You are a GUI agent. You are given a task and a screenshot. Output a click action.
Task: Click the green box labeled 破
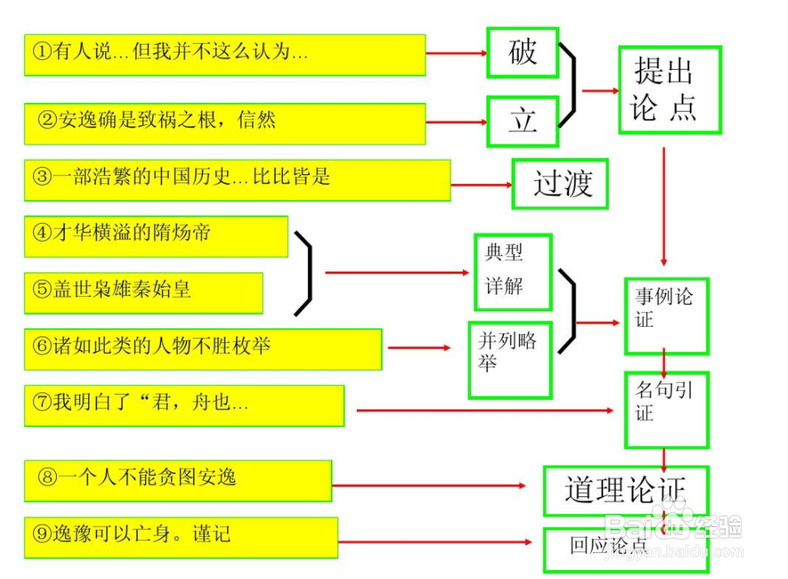pyautogui.click(x=523, y=53)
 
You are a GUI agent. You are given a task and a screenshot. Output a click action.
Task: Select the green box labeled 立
pyautogui.click(x=523, y=121)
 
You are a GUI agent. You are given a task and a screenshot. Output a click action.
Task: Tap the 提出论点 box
pyautogui.click(x=670, y=90)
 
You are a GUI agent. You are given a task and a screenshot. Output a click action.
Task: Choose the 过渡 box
pyautogui.click(x=560, y=184)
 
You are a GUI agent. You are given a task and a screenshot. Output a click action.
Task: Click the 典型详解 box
pyautogui.click(x=512, y=271)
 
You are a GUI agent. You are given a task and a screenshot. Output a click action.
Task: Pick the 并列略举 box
pyautogui.click(x=509, y=359)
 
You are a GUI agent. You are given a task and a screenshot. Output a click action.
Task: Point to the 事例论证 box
pyautogui.click(x=666, y=315)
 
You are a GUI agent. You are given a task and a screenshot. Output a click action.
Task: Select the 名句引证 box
pyautogui.click(x=666, y=409)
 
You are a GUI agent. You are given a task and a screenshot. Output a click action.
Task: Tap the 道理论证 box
pyautogui.click(x=625, y=491)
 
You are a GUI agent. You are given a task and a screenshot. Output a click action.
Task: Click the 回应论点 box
pyautogui.click(x=625, y=549)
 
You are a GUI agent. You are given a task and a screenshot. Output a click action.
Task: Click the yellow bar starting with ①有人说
pyautogui.click(x=225, y=54)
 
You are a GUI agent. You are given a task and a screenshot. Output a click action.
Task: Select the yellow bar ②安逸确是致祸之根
pyautogui.click(x=225, y=123)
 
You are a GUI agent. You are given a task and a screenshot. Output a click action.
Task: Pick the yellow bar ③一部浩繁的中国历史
pyautogui.click(x=237, y=179)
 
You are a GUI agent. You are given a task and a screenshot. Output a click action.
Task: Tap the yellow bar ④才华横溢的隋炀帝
pyautogui.click(x=156, y=236)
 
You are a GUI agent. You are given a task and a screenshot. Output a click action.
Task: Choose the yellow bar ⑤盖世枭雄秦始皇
pyautogui.click(x=143, y=292)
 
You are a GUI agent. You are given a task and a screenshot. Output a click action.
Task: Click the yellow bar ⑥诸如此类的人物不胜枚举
pyautogui.click(x=203, y=349)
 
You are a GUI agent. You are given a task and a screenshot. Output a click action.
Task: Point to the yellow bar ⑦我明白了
pyautogui.click(x=184, y=405)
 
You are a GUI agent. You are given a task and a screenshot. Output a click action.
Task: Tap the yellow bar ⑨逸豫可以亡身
pyautogui.click(x=181, y=537)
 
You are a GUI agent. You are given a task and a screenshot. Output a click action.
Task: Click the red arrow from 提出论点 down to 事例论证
pyautogui.click(x=664, y=207)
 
